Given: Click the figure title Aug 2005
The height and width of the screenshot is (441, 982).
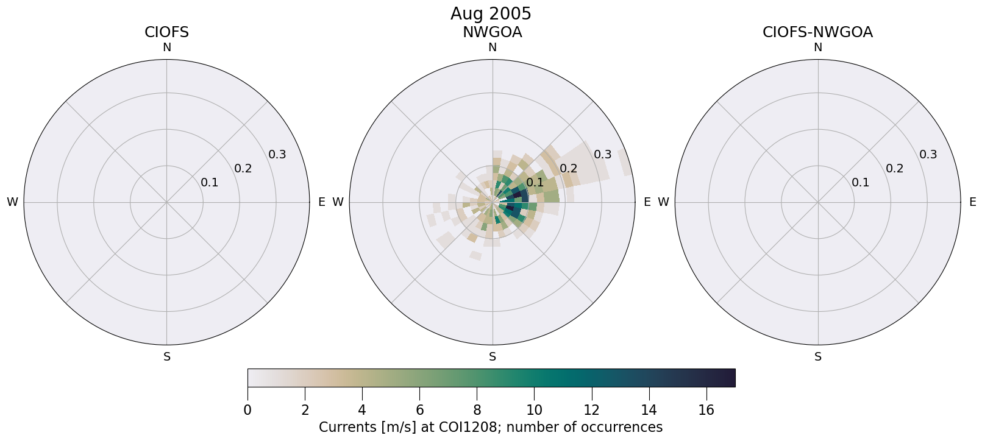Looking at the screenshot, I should (x=491, y=13).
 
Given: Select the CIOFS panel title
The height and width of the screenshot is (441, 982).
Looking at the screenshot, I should (x=166, y=32).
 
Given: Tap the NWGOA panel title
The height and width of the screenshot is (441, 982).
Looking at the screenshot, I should (x=492, y=32).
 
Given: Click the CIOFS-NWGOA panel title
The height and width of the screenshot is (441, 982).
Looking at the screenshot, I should (x=817, y=32).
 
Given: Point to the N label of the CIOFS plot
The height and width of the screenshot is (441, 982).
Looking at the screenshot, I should (x=166, y=48).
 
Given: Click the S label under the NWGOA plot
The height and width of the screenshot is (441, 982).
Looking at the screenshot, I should (x=493, y=357).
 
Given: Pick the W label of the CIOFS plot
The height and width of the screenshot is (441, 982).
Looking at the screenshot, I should (x=12, y=202).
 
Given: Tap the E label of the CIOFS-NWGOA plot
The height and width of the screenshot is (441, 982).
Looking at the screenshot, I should (x=973, y=202).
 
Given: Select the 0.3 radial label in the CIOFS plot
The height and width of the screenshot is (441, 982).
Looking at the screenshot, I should (x=277, y=155).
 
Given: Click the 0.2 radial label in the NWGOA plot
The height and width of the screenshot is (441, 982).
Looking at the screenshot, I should (x=569, y=169).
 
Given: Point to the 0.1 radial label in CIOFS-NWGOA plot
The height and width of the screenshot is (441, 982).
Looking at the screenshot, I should (x=861, y=183).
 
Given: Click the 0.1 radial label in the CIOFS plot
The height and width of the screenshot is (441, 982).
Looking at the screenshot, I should (x=210, y=183).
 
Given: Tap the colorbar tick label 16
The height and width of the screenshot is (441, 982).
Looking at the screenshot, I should (x=706, y=411).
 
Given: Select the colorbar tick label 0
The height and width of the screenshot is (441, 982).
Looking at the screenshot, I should (x=247, y=411).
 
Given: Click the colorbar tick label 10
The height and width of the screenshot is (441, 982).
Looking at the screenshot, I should (x=534, y=411).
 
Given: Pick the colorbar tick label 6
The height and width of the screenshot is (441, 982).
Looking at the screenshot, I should (x=419, y=411).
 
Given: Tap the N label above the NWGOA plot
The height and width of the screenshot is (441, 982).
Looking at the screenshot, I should (x=493, y=48).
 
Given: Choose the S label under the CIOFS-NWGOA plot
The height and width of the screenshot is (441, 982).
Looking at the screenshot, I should (x=818, y=357).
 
